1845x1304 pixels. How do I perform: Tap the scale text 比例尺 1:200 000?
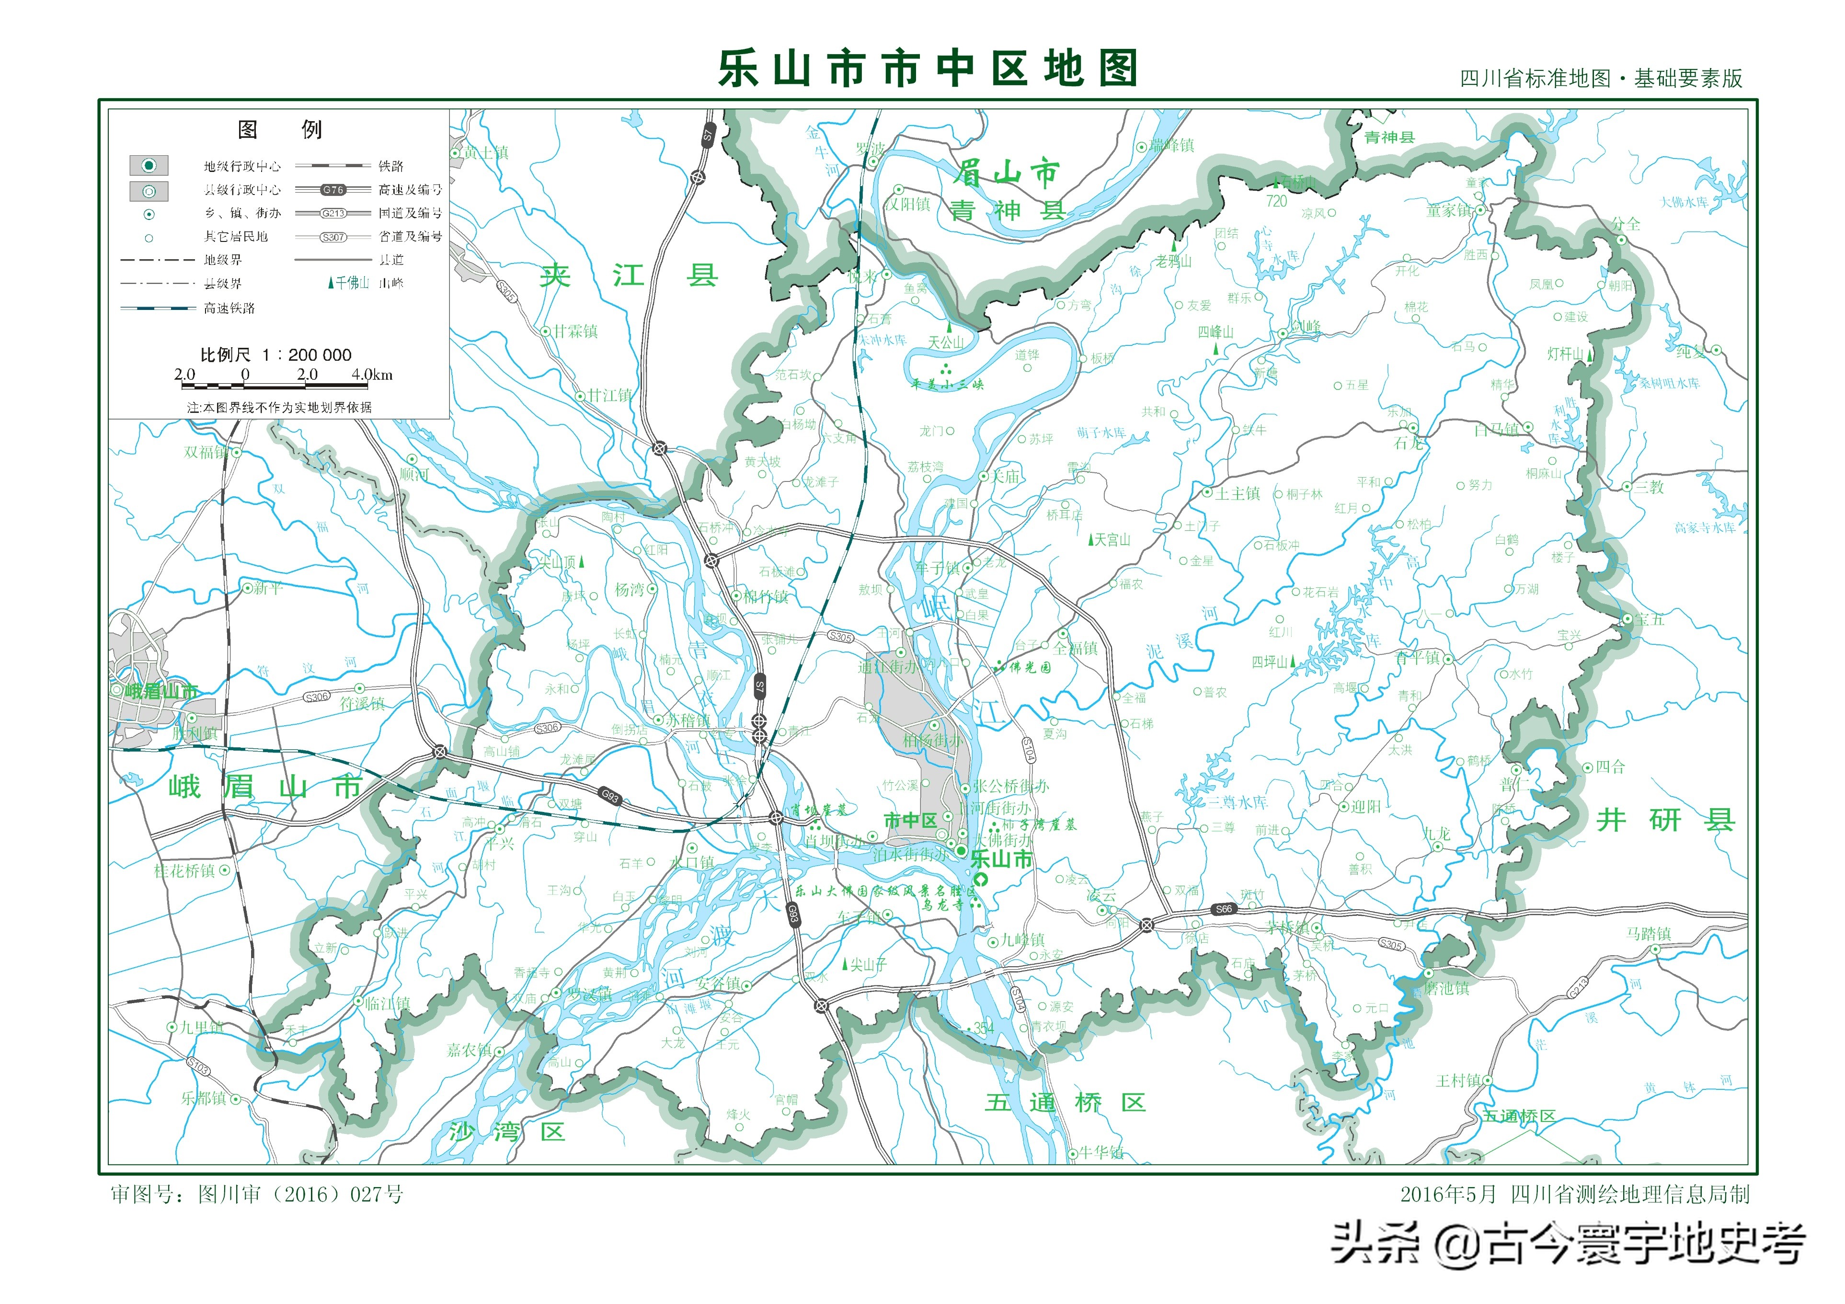pos(275,355)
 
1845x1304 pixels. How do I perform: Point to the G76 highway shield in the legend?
pos(332,190)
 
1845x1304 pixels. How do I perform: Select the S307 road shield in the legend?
pos(332,237)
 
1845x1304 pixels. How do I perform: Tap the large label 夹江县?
pos(629,275)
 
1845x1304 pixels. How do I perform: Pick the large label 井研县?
pos(1665,820)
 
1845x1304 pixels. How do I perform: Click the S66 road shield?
pos(1223,909)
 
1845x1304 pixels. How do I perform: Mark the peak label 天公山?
pos(946,342)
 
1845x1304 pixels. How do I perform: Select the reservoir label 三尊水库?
pos(1238,802)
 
